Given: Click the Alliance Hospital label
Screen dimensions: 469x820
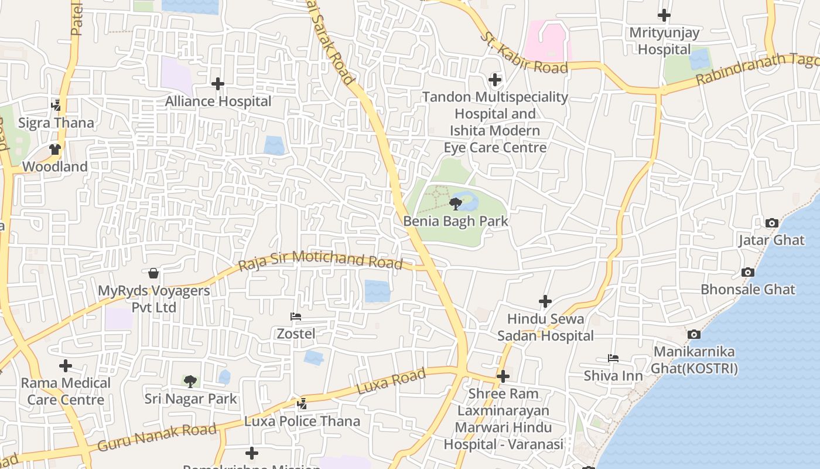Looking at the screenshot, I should tap(218, 101).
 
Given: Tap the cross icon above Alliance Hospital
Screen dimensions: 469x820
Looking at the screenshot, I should tap(218, 84).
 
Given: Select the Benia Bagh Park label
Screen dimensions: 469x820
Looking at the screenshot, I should tap(456, 222).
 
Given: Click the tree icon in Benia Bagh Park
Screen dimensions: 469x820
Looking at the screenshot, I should tap(455, 204).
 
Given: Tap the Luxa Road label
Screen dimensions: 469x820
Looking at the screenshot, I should tap(391, 382).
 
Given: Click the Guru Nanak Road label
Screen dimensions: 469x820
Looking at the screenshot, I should tap(157, 437).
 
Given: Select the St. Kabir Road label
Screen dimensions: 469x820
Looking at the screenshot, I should tap(524, 53).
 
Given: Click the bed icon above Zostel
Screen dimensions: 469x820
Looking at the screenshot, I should tap(296, 317).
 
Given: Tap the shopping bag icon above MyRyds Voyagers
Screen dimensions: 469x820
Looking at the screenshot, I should tap(153, 273).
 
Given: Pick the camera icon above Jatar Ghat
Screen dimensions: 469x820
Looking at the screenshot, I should tap(771, 223).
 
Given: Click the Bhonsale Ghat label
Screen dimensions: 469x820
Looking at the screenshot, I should tap(748, 290).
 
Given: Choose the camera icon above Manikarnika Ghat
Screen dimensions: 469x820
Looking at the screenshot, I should tap(694, 334).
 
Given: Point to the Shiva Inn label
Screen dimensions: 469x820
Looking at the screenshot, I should tap(613, 375).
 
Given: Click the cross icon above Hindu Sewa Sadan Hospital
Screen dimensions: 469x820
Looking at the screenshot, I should tap(545, 301).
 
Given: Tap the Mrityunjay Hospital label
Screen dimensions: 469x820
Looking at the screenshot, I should tap(664, 40).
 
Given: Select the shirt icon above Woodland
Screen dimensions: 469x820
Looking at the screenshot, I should tap(55, 149).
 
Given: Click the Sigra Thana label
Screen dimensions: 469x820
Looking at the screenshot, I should tap(56, 123).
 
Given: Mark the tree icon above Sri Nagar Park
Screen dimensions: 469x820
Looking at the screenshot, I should tap(190, 382).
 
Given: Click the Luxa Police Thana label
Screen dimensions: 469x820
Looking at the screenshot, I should tap(302, 422).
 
